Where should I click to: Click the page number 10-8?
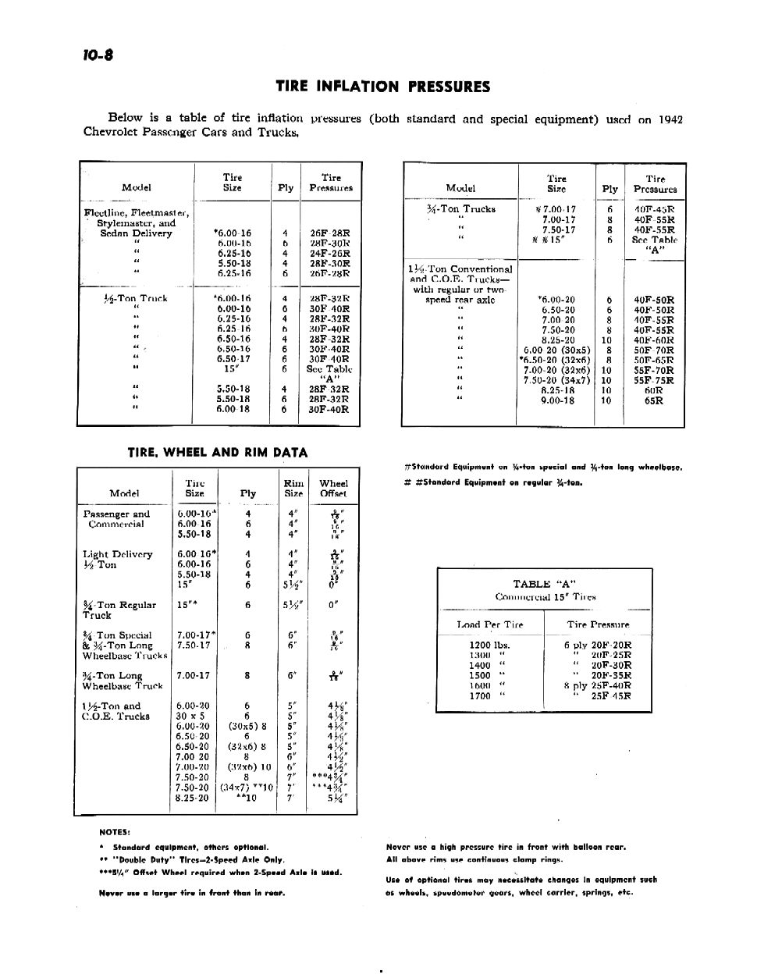[x=96, y=55]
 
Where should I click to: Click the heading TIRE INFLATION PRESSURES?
[x=382, y=87]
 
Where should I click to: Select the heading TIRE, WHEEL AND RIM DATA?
[x=217, y=452]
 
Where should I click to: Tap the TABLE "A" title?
[x=544, y=584]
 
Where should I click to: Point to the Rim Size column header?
[x=293, y=489]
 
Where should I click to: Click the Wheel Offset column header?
[x=333, y=489]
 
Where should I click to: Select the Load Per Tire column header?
[x=490, y=624]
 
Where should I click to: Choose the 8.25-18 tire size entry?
[x=558, y=391]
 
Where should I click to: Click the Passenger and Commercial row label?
[x=116, y=519]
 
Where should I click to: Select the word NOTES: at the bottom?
[x=115, y=831]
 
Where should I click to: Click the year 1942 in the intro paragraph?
[x=670, y=119]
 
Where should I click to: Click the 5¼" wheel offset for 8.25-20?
[x=337, y=798]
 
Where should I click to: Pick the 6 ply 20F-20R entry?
[x=598, y=645]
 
